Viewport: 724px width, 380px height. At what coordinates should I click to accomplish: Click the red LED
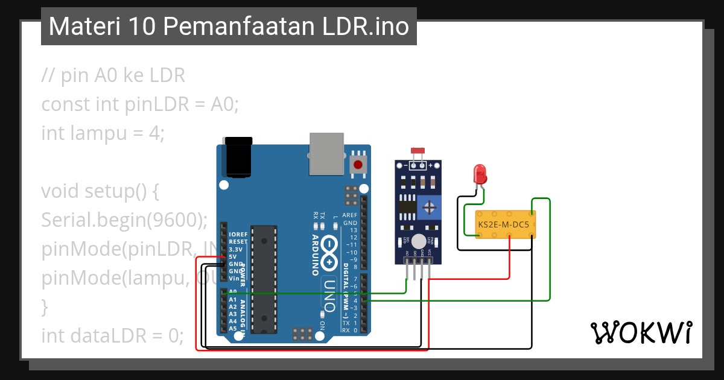[480, 174]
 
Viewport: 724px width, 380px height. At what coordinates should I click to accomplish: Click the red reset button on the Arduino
[358, 164]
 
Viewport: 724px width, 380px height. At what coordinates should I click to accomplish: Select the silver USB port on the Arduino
[326, 154]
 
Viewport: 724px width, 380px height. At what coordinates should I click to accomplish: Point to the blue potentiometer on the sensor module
[429, 207]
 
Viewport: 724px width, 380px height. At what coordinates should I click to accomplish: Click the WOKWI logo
[641, 332]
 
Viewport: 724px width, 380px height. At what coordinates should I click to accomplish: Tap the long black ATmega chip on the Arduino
[264, 279]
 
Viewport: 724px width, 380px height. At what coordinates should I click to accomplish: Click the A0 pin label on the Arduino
[233, 292]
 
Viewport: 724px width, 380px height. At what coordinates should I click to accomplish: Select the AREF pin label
[350, 215]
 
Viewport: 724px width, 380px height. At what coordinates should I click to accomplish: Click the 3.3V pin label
[235, 249]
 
